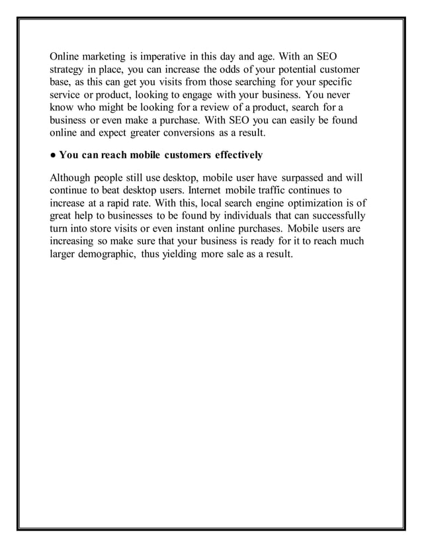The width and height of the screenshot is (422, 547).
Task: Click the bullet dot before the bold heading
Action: coord(53,156)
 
